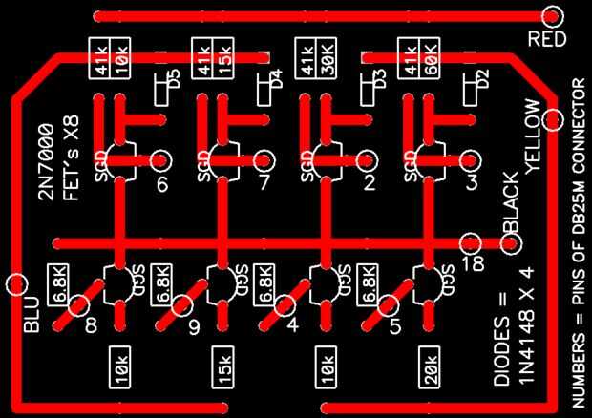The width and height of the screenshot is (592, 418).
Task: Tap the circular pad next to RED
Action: point(551,16)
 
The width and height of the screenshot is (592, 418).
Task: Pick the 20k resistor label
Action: point(430,368)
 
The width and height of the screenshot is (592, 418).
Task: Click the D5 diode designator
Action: point(172,78)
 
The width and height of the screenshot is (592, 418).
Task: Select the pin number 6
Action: point(162,184)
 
